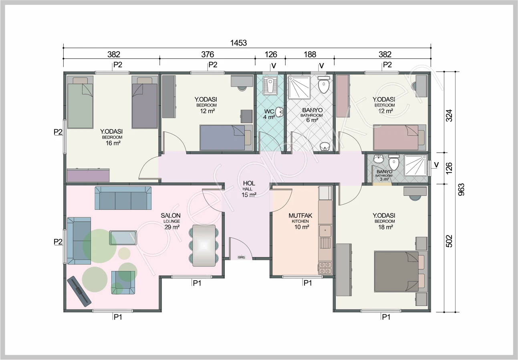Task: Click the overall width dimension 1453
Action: click(x=238, y=43)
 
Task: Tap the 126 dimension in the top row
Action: click(x=270, y=54)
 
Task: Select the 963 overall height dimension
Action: click(x=461, y=189)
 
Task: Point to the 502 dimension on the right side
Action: click(x=449, y=241)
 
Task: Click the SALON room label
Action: click(x=171, y=215)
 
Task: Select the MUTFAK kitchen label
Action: click(x=300, y=216)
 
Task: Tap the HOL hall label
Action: click(x=249, y=183)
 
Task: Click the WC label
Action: click(x=269, y=112)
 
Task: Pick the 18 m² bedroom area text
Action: click(x=385, y=227)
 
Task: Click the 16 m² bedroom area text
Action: click(x=113, y=143)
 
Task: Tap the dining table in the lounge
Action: click(x=204, y=246)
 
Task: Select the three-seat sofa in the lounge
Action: click(x=123, y=198)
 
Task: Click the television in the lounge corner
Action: click(x=79, y=292)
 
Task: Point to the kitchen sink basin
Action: click(x=325, y=231)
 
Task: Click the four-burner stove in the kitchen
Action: click(x=325, y=268)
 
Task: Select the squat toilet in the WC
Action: click(x=270, y=85)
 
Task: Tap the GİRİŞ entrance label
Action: click(x=241, y=257)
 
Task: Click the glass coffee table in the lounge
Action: click(x=123, y=237)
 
